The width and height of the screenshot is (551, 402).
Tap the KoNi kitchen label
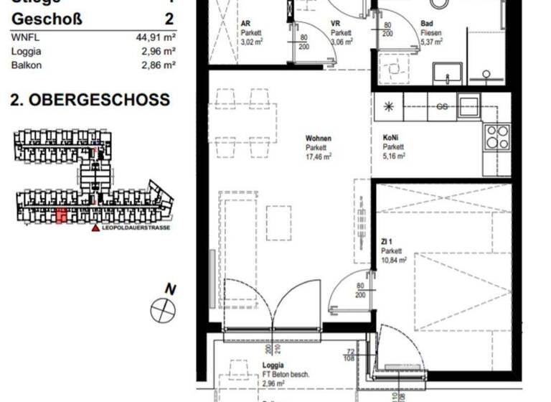(x=392, y=138)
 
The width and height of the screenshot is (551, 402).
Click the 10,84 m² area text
(x=394, y=260)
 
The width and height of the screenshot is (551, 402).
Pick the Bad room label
(x=427, y=23)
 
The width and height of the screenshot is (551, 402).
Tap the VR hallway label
(x=335, y=23)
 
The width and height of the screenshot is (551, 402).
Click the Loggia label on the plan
(x=273, y=365)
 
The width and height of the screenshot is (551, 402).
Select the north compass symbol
(x=163, y=310)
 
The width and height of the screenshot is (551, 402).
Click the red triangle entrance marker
(x=95, y=228)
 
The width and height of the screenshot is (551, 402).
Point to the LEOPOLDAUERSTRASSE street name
(x=136, y=228)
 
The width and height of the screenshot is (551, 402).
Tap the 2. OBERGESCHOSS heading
(x=90, y=100)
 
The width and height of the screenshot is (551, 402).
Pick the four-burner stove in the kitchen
(x=497, y=136)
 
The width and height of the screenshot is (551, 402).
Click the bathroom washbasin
(x=448, y=73)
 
